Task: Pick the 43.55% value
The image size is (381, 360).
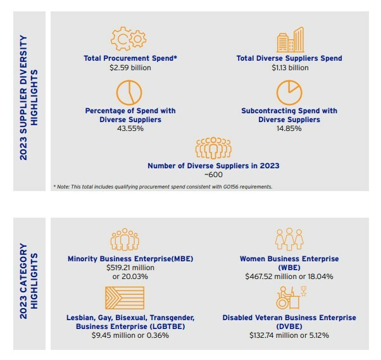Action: [130, 129]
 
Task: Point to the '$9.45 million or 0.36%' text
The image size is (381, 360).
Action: [130, 336]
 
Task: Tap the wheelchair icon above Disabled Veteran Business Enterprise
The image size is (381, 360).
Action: [285, 298]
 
